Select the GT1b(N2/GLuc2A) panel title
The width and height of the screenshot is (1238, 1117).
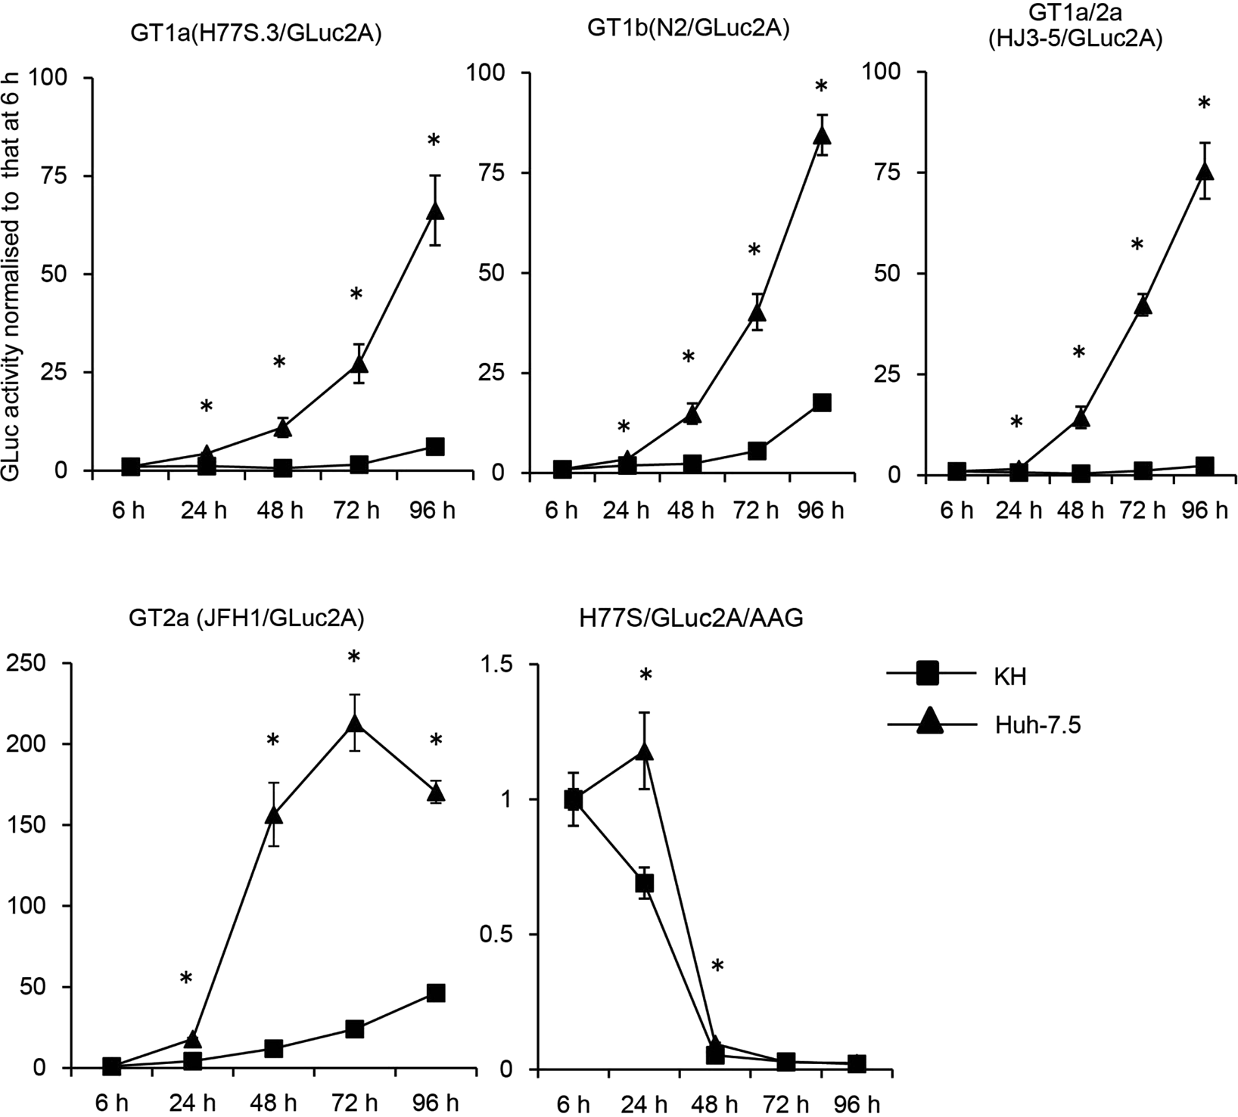coord(688,29)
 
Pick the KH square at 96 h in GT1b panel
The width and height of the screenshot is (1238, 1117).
coord(822,402)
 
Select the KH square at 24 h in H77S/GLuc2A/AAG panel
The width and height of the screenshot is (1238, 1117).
coord(644,883)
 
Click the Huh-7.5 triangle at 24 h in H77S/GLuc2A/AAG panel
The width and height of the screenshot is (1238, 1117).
coord(645,751)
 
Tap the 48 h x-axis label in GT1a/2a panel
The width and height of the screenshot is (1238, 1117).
coord(1081,510)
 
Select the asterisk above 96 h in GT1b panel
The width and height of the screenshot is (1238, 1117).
coord(822,87)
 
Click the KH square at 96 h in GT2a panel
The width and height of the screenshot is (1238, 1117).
coord(435,993)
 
